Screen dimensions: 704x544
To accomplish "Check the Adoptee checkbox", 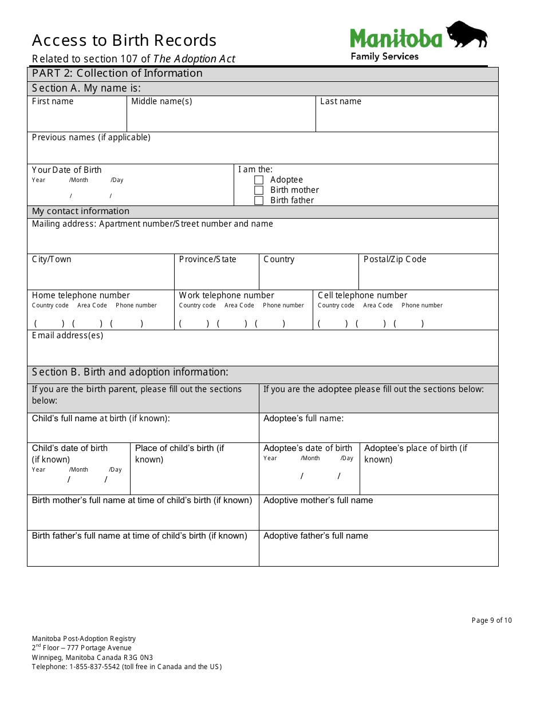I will (259, 180).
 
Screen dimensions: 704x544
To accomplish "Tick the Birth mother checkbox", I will (259, 190).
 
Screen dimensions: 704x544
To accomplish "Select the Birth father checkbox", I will (259, 200).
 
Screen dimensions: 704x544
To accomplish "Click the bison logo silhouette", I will (466, 35).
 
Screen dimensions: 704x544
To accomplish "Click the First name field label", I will (53, 101).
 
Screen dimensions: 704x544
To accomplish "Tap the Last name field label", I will (341, 101).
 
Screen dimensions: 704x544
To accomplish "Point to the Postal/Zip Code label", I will (395, 259).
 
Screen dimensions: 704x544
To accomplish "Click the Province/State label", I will (207, 259).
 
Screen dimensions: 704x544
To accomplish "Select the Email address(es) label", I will (68, 335).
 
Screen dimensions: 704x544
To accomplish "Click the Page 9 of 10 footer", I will (491, 620).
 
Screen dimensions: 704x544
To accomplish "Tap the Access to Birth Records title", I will (124, 41).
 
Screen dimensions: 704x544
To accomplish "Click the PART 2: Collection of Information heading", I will (117, 73).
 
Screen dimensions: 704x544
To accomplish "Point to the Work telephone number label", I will (227, 295).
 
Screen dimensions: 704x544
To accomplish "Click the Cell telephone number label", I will (362, 295).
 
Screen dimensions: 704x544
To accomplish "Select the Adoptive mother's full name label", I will (318, 500).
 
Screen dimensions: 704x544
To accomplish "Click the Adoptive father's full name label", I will (316, 536).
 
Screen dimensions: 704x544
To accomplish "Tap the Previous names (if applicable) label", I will (91, 137).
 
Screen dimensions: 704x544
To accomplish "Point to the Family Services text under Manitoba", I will (384, 56).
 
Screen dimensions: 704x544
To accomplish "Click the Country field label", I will (279, 259).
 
